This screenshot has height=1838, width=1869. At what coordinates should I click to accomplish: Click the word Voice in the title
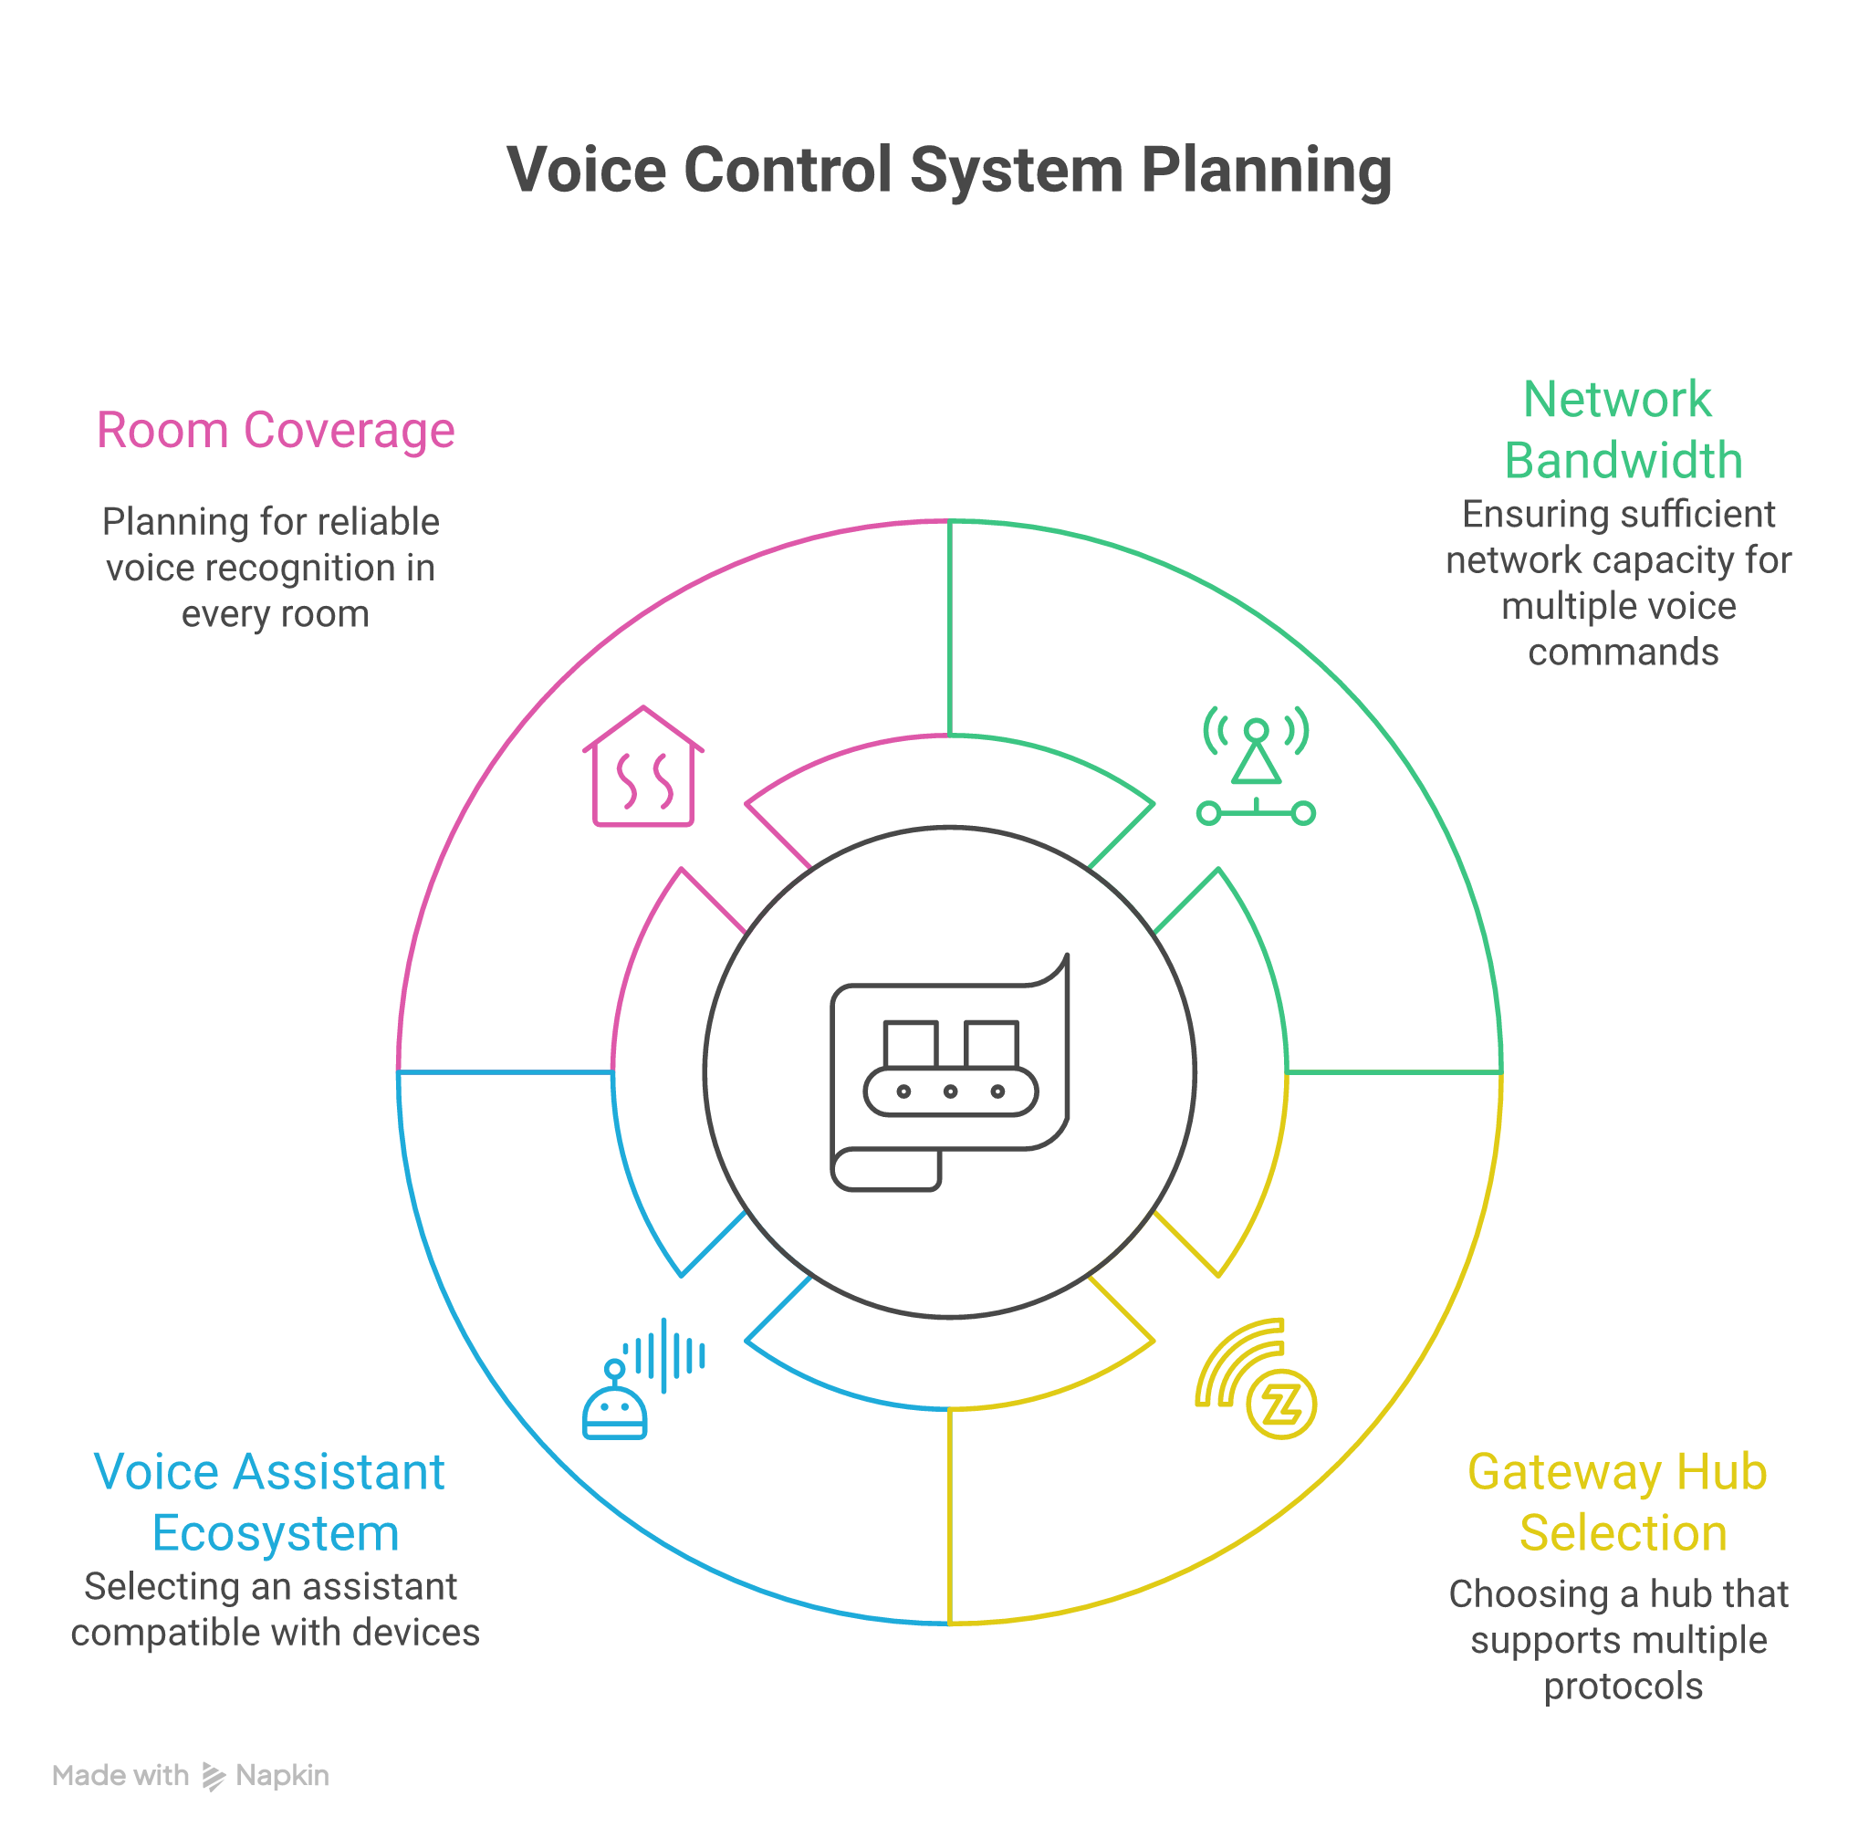tap(586, 170)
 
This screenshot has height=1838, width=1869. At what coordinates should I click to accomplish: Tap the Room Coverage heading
tap(275, 430)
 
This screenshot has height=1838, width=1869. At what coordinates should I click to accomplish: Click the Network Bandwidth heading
tap(1622, 430)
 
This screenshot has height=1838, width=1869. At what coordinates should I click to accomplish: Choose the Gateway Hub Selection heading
tap(1617, 1502)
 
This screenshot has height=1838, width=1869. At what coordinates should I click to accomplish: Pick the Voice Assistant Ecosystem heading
tap(270, 1502)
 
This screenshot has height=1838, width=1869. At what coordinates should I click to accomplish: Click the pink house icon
tap(643, 767)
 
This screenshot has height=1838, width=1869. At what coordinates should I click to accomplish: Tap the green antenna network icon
tap(1255, 767)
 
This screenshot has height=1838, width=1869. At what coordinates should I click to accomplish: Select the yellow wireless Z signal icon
tap(1255, 1378)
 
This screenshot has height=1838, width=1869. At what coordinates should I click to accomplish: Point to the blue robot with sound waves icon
tap(643, 1378)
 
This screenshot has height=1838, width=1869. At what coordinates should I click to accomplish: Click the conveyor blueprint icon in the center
tap(950, 1072)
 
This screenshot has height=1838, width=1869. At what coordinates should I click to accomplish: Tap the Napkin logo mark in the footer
tap(214, 1776)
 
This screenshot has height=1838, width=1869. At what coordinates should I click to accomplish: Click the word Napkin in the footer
tap(282, 1776)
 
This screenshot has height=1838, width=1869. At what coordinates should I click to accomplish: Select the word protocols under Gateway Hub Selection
tap(1623, 1687)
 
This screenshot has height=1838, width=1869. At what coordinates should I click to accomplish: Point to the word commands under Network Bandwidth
tap(1623, 652)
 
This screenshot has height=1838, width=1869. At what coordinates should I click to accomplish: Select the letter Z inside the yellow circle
tap(1281, 1405)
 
